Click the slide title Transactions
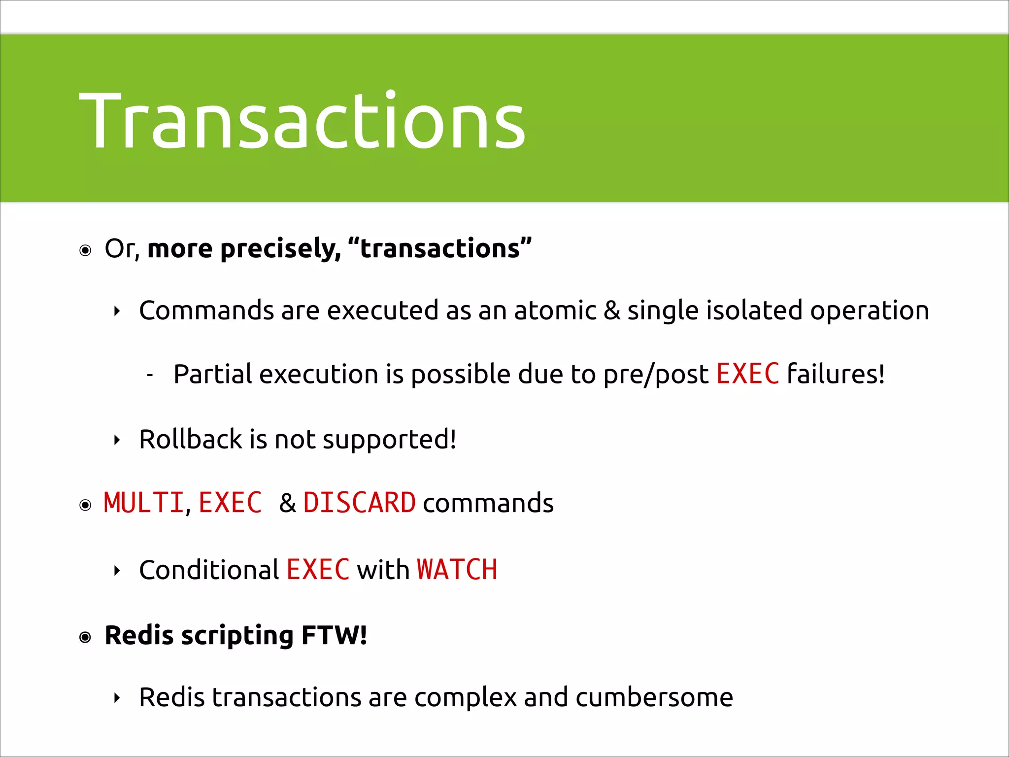click(302, 121)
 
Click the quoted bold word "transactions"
click(439, 248)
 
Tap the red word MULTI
click(143, 503)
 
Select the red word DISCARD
click(359, 503)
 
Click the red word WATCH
click(457, 570)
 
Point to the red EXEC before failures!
click(747, 374)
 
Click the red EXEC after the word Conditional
click(318, 570)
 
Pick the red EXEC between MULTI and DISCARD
click(230, 503)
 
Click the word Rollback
click(190, 439)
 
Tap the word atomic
click(555, 310)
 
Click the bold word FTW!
click(334, 635)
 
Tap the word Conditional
click(209, 570)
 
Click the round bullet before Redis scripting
click(85, 637)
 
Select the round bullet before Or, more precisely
click(85, 250)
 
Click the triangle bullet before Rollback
click(117, 440)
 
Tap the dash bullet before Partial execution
click(150, 376)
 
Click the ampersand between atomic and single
click(612, 311)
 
